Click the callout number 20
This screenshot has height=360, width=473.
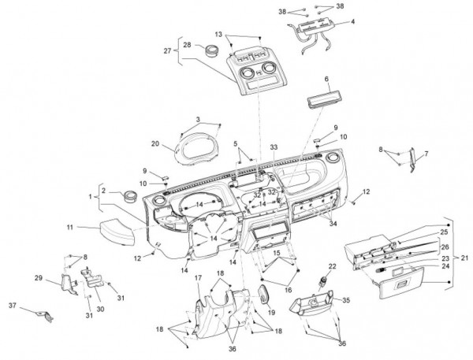(x=155, y=144)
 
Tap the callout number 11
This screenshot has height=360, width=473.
(x=69, y=227)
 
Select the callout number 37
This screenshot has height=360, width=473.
(x=12, y=305)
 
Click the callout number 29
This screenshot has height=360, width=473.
(x=38, y=277)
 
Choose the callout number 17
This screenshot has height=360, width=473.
(x=198, y=277)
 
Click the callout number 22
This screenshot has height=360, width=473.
(x=332, y=267)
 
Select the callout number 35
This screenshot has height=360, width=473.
(x=345, y=300)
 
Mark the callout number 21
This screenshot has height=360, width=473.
(x=464, y=258)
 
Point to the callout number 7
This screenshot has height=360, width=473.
(x=426, y=154)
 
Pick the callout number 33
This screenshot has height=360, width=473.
(x=274, y=147)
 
